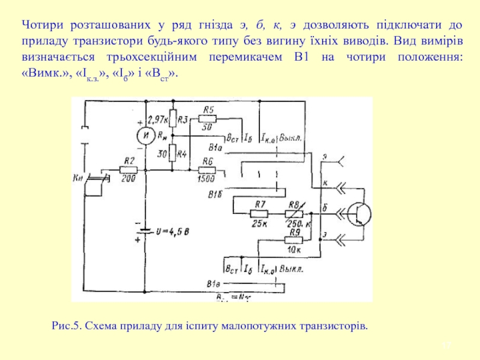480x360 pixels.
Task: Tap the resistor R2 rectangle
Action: pos(128,169)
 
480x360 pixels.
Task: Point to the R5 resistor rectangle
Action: pos(208,119)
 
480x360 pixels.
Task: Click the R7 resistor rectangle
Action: pos(260,213)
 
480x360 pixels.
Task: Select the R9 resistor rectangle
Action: pos(294,240)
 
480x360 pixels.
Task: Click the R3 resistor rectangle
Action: pos(172,118)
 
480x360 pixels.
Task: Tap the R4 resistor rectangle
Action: pos(172,154)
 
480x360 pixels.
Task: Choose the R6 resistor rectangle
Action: pos(208,169)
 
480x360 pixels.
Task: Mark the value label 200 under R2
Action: pos(128,179)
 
